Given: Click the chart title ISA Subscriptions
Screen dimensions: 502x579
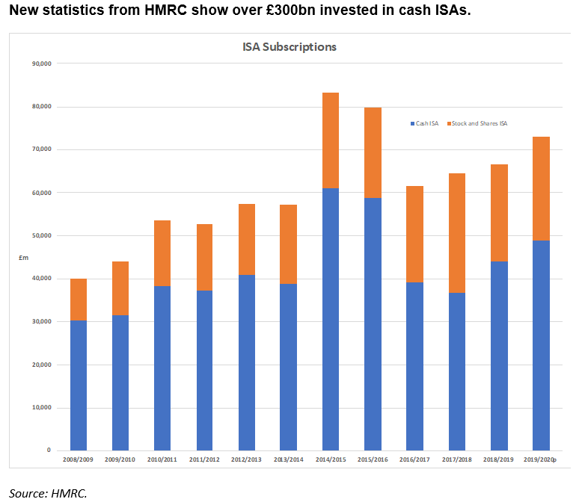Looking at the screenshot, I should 289,46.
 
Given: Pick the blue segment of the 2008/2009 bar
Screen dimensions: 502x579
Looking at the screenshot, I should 79,385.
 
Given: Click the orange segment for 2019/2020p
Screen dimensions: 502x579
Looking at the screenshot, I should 541,188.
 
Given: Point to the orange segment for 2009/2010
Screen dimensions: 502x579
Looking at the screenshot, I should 120,288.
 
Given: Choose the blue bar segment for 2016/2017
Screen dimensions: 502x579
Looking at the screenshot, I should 414,366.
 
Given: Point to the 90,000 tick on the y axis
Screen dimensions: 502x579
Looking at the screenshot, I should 40,63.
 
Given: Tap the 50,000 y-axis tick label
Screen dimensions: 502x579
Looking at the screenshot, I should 40,236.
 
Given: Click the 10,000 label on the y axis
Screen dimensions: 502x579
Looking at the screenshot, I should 40,408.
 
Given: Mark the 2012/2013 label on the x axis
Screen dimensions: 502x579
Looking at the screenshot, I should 246,459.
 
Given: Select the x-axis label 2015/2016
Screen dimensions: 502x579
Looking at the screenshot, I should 373,459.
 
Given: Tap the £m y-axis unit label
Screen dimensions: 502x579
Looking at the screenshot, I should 23,258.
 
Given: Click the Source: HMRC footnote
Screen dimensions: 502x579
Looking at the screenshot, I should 48,492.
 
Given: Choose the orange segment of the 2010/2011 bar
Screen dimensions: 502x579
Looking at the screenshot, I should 162,253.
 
